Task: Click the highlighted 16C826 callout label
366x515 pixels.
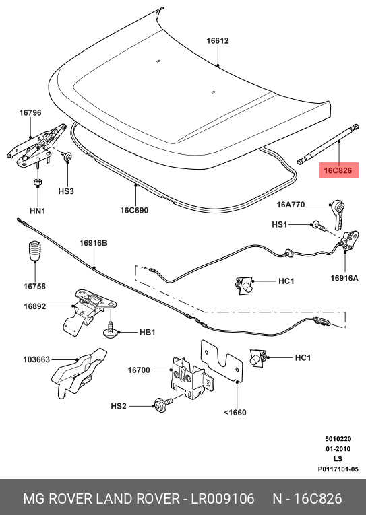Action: click(339, 170)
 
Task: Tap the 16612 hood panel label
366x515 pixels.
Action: click(217, 40)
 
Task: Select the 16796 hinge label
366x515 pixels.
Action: click(30, 112)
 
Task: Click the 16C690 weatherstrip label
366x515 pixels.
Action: click(134, 210)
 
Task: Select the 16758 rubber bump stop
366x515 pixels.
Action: click(34, 251)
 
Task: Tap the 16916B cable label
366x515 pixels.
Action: click(94, 243)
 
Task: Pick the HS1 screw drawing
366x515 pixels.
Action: click(319, 226)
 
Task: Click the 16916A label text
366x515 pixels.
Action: click(344, 278)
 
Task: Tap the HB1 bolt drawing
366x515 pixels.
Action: click(111, 331)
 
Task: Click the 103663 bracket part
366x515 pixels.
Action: click(80, 373)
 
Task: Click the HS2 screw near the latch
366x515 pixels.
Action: click(163, 405)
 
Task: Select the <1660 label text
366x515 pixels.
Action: click(235, 412)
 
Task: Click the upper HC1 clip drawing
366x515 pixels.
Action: click(244, 285)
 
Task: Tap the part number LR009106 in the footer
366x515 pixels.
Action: click(223, 499)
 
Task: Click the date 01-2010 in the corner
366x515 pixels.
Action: click(338, 448)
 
